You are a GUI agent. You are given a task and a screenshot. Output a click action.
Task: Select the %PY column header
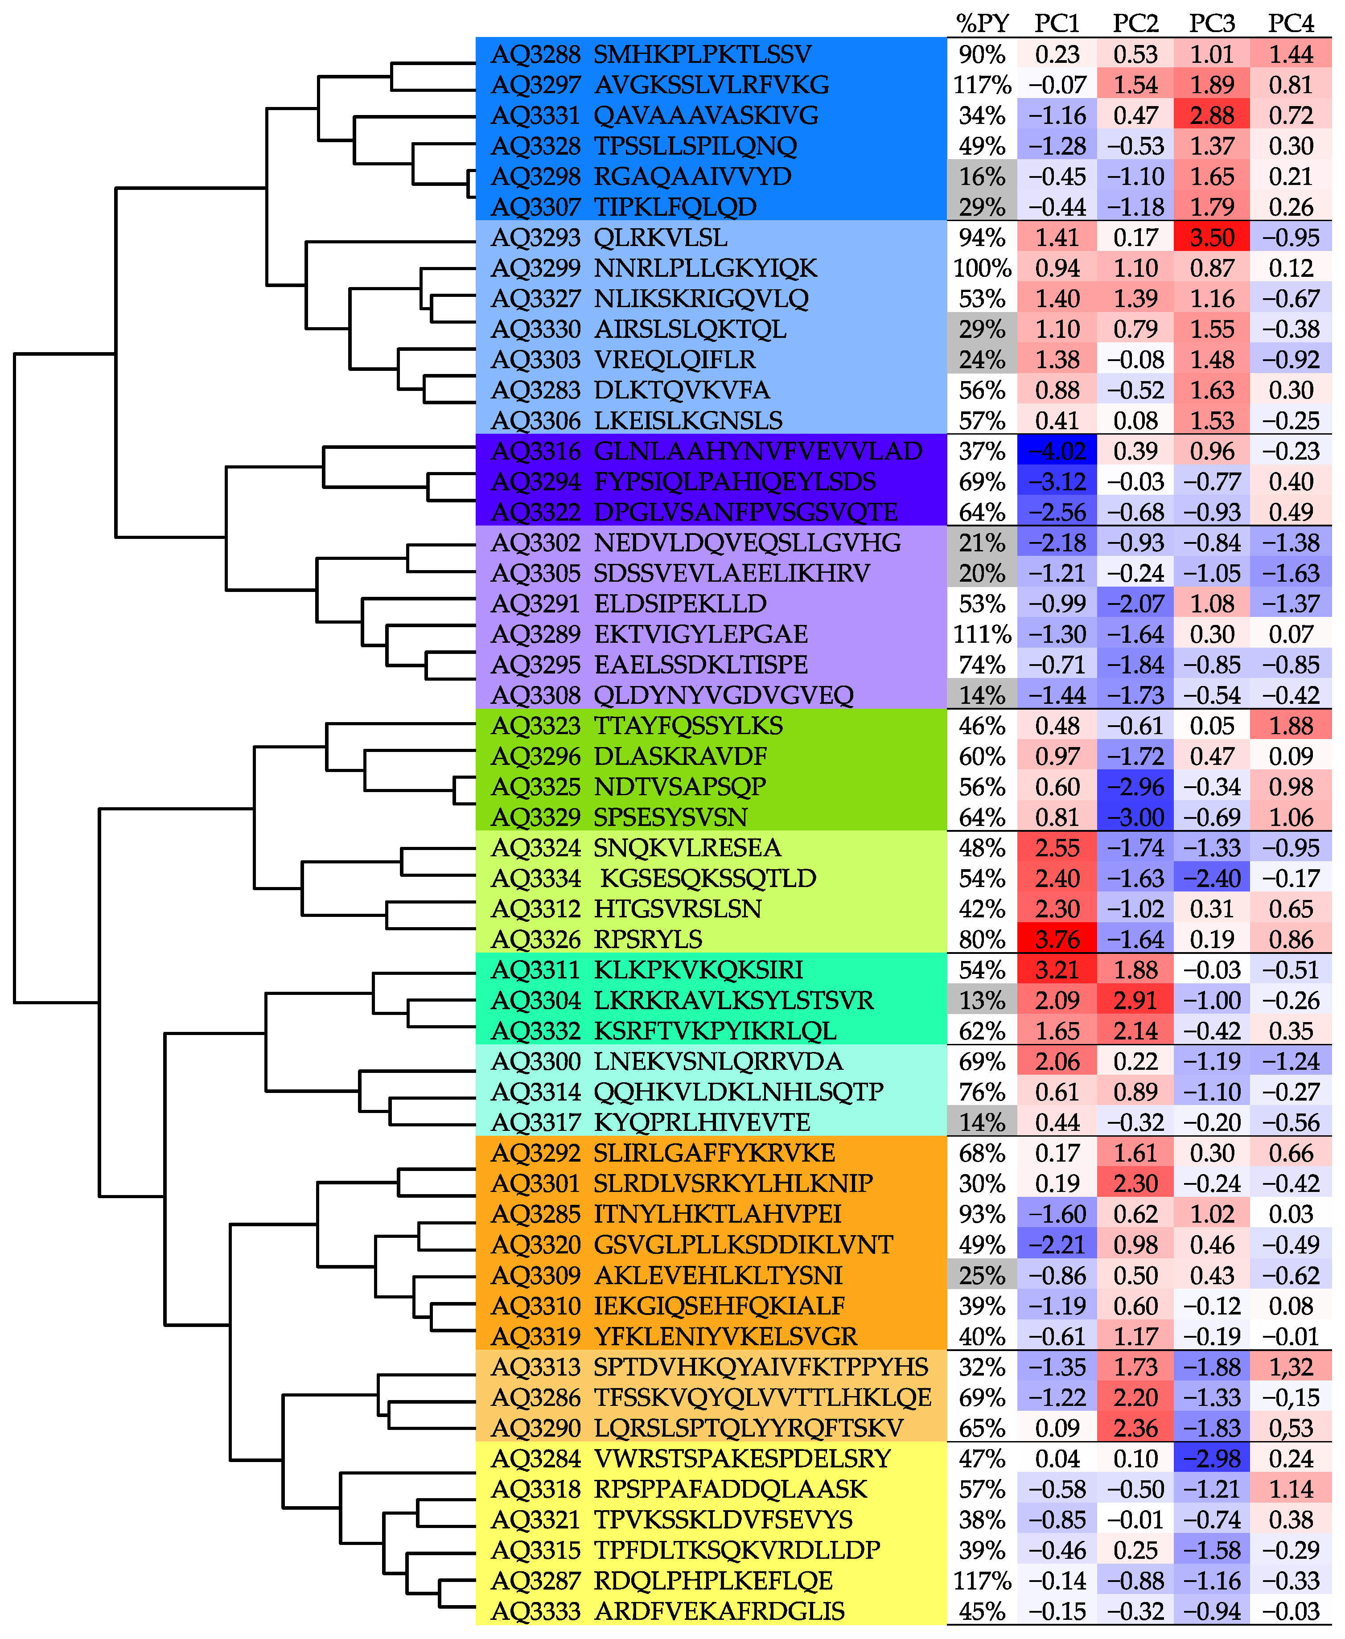coord(982,23)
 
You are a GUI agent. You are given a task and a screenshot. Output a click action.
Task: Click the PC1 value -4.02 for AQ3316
coord(1057,451)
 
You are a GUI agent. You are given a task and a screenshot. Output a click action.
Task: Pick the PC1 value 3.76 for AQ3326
coord(1057,939)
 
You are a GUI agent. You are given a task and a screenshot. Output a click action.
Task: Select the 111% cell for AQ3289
coord(982,633)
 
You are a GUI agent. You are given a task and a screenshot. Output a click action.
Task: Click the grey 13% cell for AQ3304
coord(982,1000)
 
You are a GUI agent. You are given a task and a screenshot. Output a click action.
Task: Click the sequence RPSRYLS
coord(648,939)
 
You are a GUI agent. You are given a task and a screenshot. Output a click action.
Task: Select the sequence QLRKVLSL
coord(660,237)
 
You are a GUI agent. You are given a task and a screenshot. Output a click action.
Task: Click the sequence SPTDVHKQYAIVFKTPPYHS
coord(761,1366)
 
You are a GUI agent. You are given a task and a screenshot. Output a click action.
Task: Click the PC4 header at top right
coord(1290,23)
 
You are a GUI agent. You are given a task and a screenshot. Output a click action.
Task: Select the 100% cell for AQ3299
coord(982,268)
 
